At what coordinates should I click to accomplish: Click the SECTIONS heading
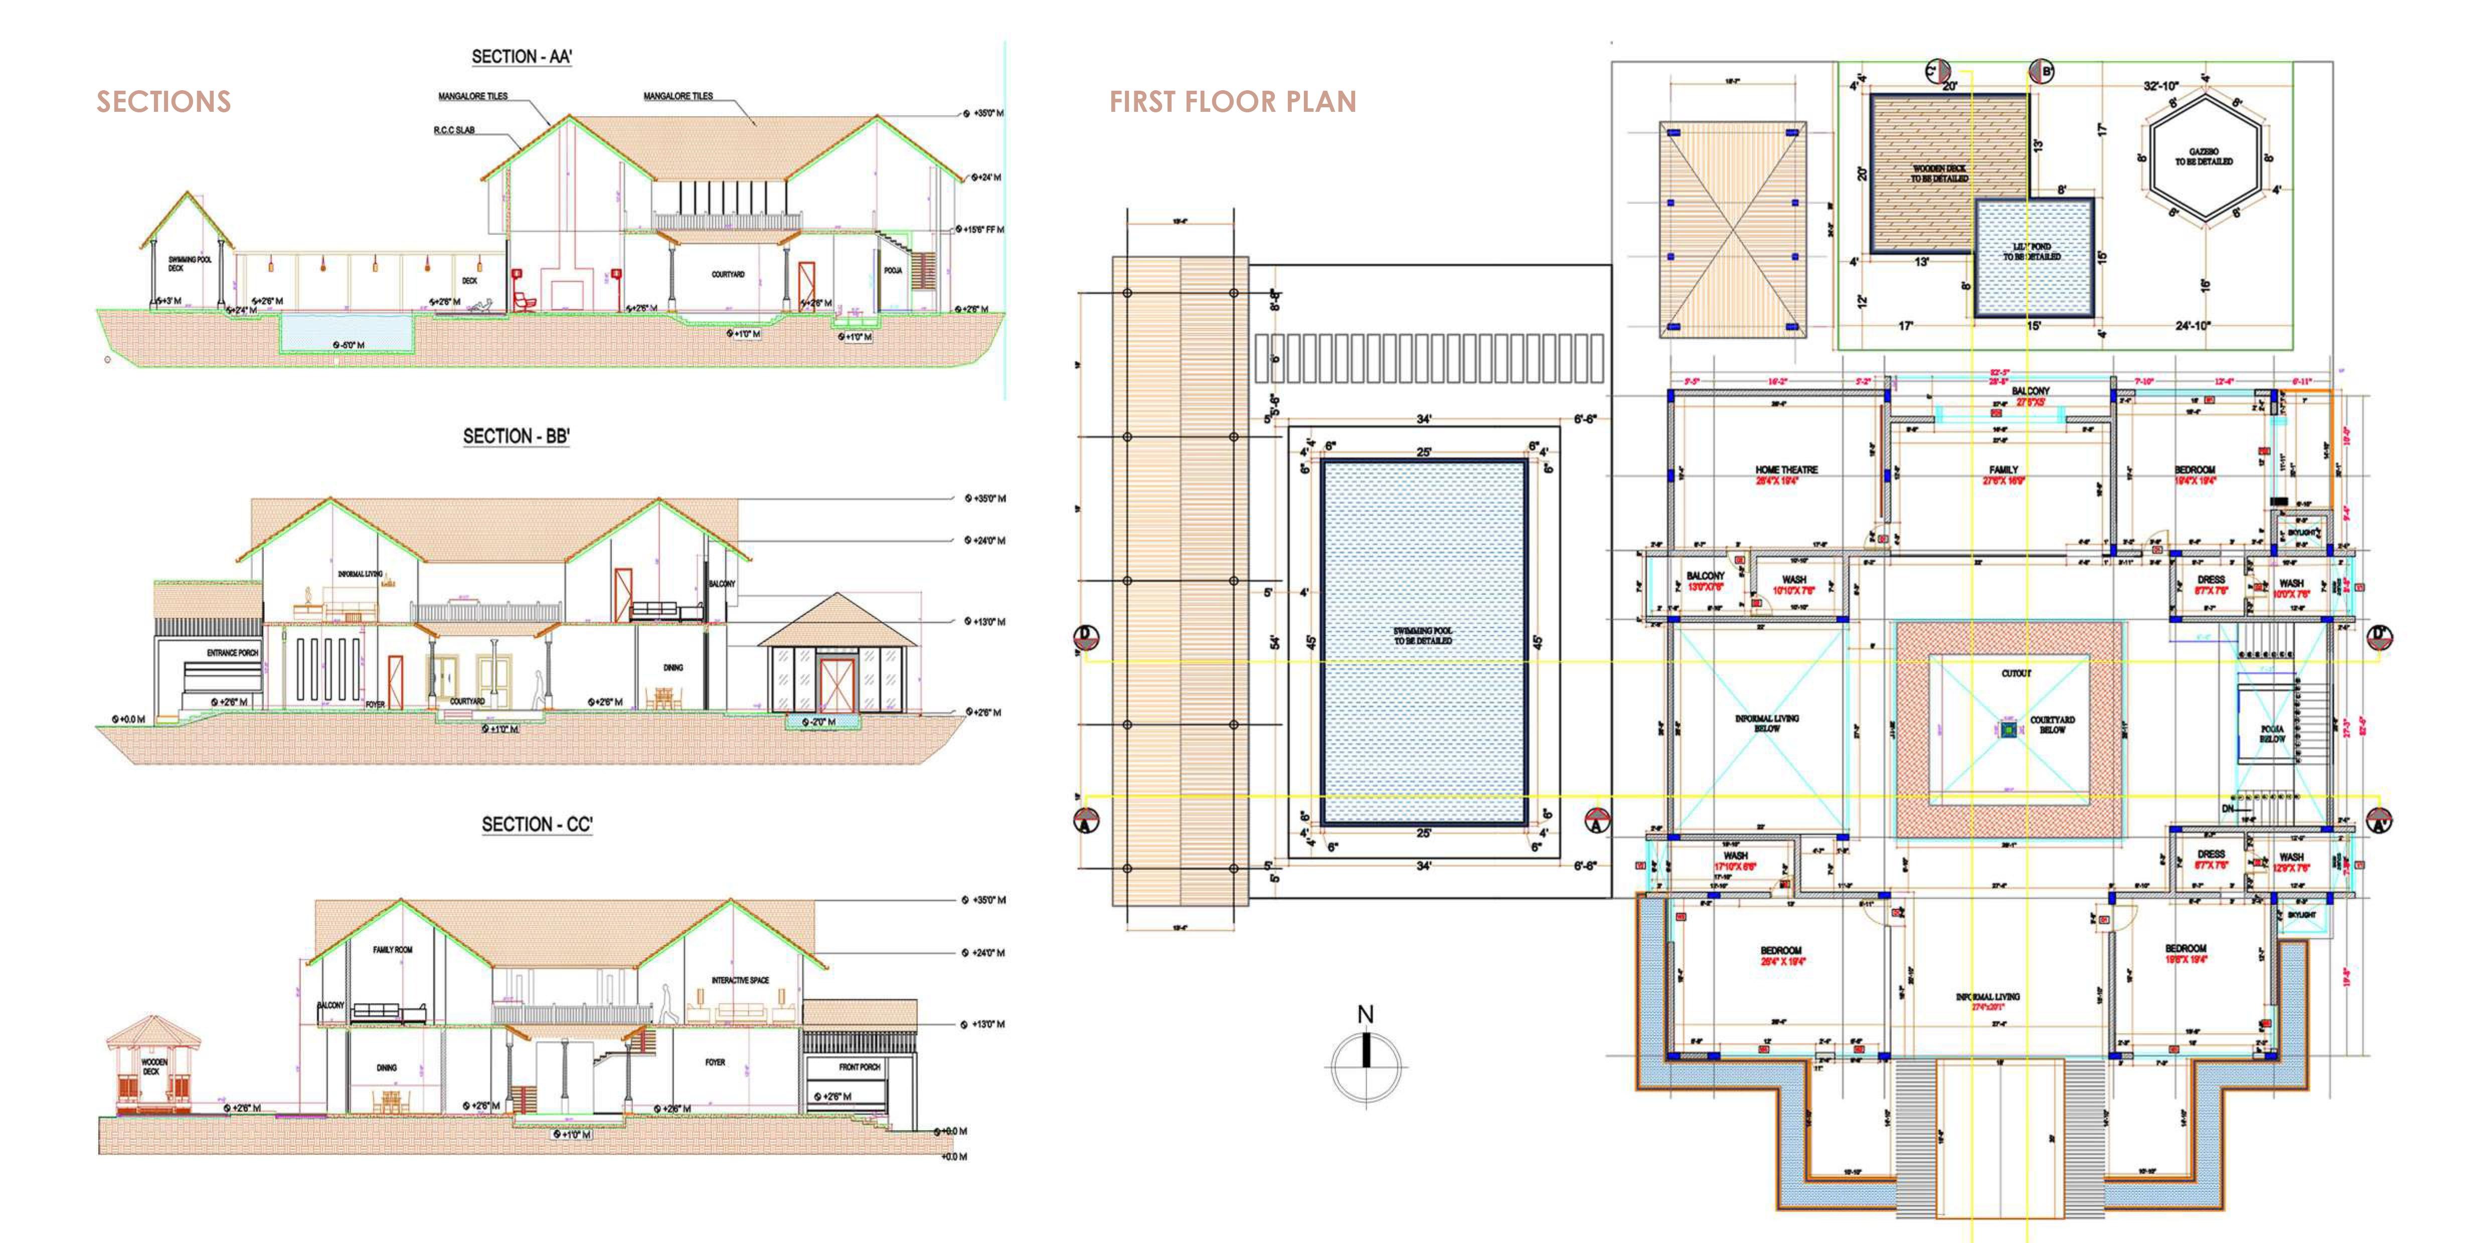[163, 101]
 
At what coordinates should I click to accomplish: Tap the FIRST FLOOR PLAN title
[1232, 101]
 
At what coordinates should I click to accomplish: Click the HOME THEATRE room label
[1786, 469]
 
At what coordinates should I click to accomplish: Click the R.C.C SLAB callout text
[453, 129]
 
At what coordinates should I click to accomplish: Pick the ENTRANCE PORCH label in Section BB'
[232, 653]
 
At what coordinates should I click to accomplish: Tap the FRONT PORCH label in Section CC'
[859, 1067]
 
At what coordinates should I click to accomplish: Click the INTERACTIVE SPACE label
[740, 980]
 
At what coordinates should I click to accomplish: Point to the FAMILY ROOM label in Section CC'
[392, 949]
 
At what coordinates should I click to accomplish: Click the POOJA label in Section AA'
[892, 270]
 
